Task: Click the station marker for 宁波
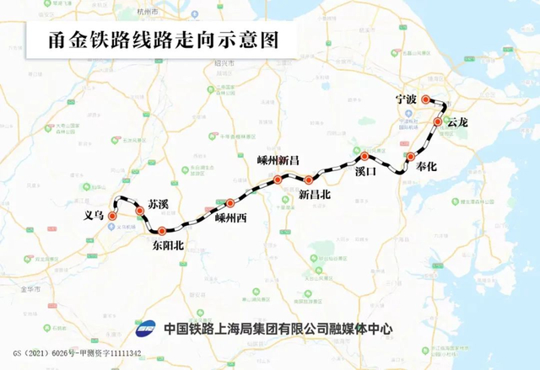pos(426,99)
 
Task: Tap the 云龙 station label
pos(456,123)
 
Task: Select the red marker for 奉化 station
pos(411,157)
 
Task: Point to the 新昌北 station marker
pos(309,180)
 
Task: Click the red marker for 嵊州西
pos(229,203)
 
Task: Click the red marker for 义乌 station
pos(112,216)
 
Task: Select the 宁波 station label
pos(406,99)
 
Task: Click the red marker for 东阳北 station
pos(162,231)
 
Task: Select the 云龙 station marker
pos(438,122)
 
